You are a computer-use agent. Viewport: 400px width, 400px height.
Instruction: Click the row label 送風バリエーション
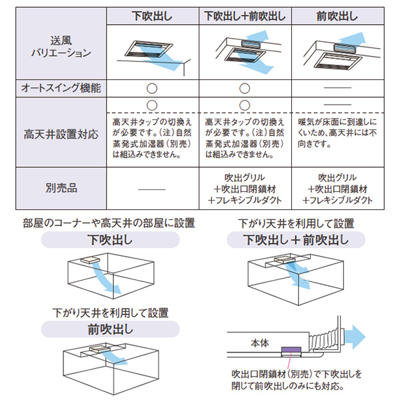60,48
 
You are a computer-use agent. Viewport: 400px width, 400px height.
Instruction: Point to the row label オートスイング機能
60,87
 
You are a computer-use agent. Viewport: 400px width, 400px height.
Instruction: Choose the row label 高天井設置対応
60,133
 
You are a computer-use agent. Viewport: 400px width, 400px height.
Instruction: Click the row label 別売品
60,189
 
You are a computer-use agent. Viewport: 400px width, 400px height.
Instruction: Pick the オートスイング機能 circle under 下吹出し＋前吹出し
245,87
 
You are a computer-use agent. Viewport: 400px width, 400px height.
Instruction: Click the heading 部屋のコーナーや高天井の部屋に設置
108,223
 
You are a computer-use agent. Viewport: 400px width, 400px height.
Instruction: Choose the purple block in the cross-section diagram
291,349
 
